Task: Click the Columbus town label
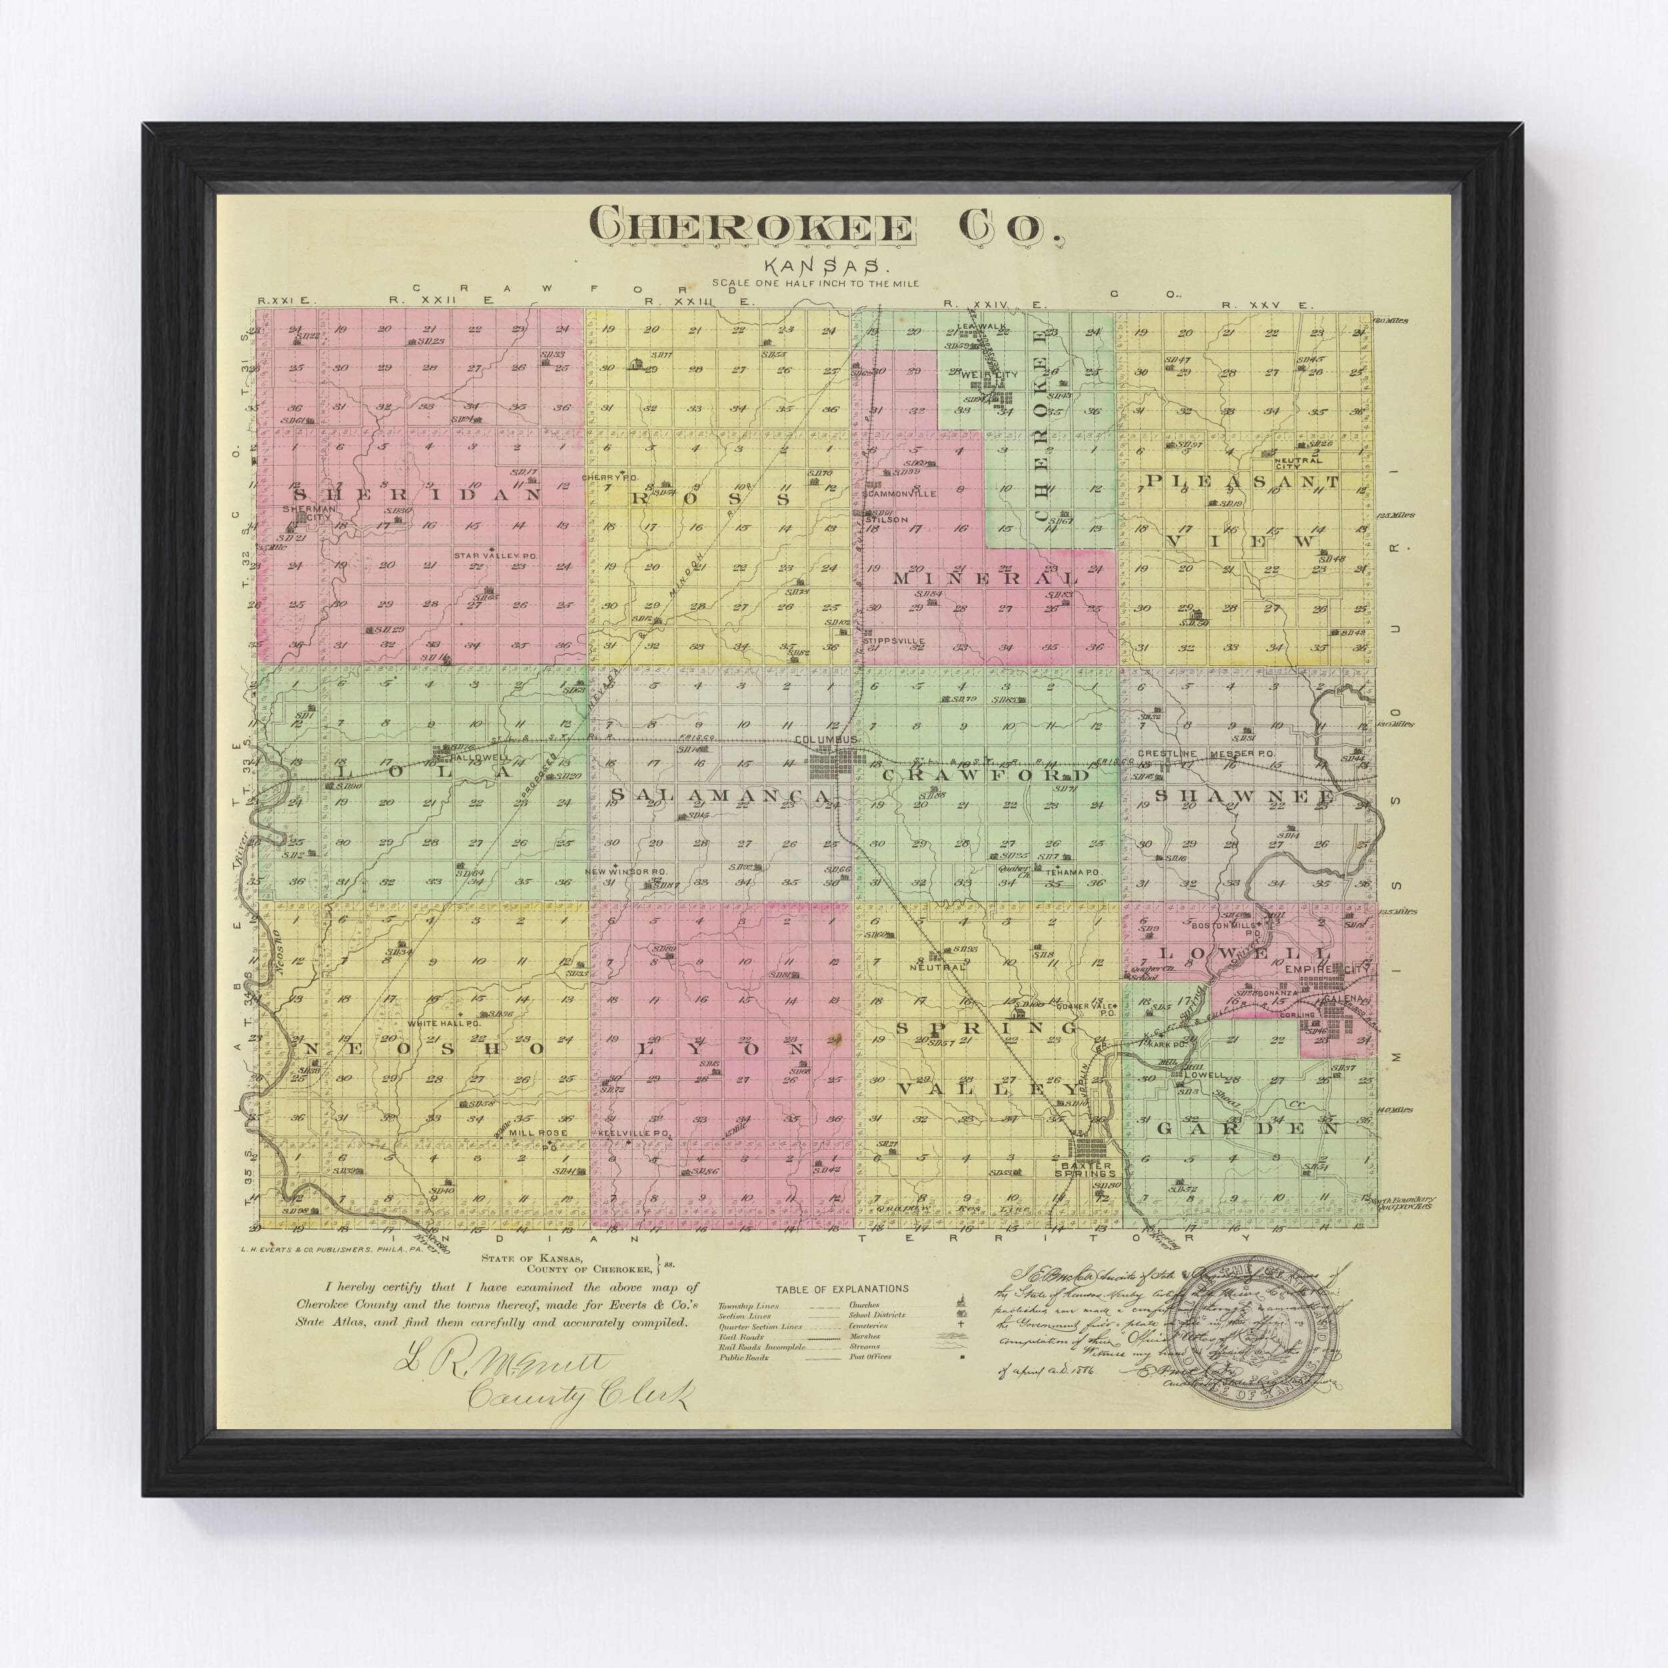pyautogui.click(x=825, y=741)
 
